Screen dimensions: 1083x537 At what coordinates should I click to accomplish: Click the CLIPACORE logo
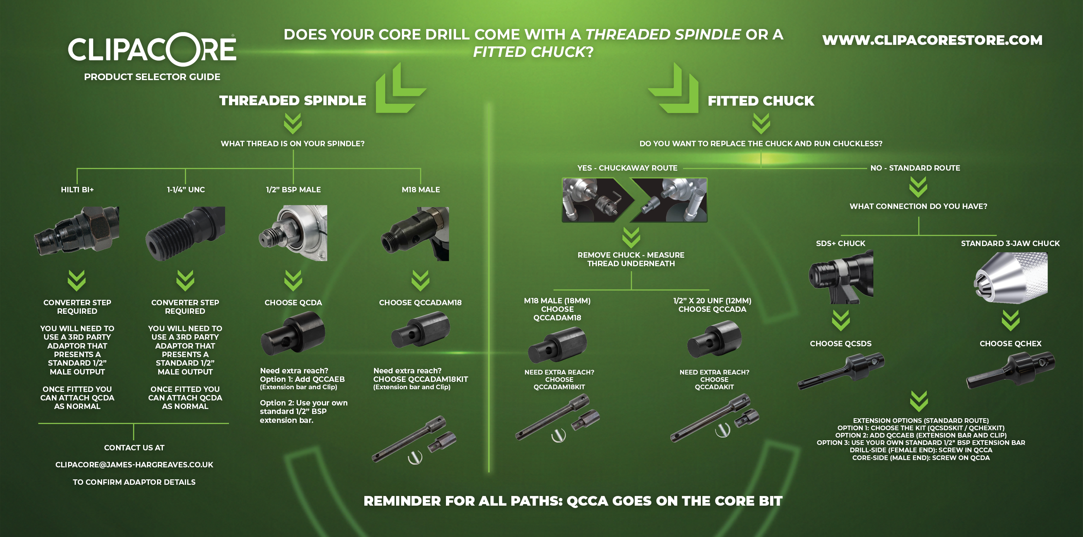152,49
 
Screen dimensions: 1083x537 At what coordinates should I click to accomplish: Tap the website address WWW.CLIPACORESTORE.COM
932,40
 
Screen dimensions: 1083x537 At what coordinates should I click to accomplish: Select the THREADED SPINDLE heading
293,101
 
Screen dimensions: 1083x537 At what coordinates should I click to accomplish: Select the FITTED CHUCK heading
761,101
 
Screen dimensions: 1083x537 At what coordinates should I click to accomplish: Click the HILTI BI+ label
77,190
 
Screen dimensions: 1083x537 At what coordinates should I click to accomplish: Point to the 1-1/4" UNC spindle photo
185,233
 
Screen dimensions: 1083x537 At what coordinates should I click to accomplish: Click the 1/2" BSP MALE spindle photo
293,233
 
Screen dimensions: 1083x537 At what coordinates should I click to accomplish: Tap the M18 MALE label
421,190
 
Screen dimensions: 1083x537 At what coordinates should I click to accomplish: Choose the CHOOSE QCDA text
293,303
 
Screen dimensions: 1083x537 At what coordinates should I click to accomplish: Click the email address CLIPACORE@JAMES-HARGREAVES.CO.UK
134,465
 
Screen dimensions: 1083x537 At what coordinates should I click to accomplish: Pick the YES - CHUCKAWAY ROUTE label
627,168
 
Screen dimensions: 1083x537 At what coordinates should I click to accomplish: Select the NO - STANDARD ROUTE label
915,168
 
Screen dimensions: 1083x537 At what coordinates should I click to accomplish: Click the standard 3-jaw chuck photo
1011,277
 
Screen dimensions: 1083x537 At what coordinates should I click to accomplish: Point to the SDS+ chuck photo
841,277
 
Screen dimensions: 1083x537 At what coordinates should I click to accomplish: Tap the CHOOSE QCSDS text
841,344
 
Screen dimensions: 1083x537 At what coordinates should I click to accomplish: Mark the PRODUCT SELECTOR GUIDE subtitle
152,77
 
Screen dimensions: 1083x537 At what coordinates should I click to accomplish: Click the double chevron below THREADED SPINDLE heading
293,123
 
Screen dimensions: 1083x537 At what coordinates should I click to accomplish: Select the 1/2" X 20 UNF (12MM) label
712,301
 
